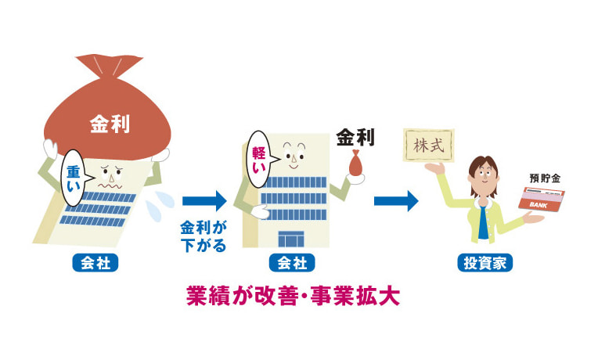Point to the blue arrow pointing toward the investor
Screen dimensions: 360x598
click(x=396, y=200)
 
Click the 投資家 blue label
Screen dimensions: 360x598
click(x=485, y=263)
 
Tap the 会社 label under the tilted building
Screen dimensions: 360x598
click(x=94, y=263)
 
